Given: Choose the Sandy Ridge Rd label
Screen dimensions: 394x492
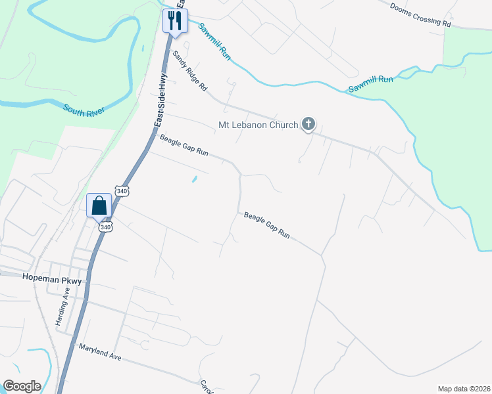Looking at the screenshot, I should pos(189,72).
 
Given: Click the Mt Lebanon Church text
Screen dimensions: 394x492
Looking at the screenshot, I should pos(258,124).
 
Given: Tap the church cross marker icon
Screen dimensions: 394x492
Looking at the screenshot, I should pos(308,123).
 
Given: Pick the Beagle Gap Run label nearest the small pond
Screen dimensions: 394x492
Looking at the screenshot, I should pos(184,145).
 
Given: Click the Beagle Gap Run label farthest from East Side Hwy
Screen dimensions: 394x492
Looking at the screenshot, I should pos(266,224).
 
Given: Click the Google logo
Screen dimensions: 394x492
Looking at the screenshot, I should pos(22,386).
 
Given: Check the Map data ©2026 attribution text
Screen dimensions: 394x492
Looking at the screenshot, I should pos(464,389).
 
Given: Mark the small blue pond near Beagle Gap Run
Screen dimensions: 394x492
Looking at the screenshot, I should pos(194,179).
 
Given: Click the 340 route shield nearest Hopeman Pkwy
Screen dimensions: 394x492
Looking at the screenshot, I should pos(106,227).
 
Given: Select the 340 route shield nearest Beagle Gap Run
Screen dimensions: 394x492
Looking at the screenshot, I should pos(122,191).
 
